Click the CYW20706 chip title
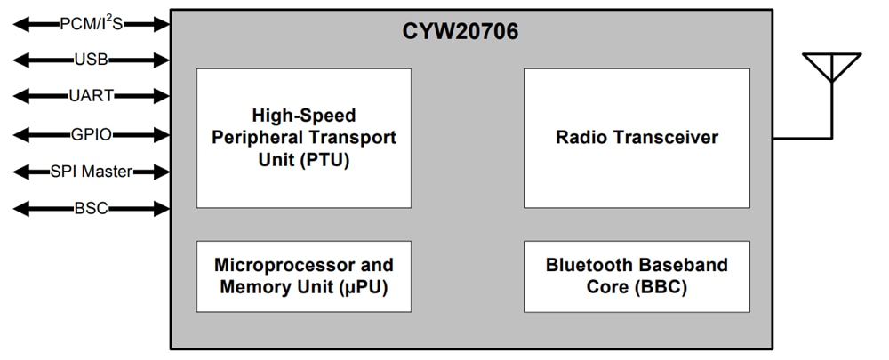point(461,33)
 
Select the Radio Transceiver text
point(637,138)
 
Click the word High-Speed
point(303,116)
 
